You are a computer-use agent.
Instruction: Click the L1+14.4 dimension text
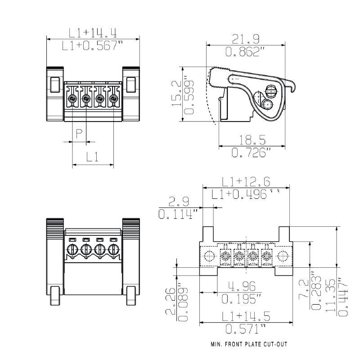click(x=93, y=32)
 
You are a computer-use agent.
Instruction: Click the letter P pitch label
click(x=79, y=134)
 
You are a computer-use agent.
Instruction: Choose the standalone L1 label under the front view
click(x=93, y=157)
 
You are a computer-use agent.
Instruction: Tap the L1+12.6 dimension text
click(x=246, y=182)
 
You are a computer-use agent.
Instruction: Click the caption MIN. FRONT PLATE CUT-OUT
click(x=249, y=345)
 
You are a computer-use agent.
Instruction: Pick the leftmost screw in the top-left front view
click(x=72, y=99)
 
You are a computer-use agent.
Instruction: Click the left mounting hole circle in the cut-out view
click(x=209, y=256)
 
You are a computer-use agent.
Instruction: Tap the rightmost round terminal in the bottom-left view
click(x=113, y=250)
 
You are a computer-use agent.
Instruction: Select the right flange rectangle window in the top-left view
click(x=131, y=84)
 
